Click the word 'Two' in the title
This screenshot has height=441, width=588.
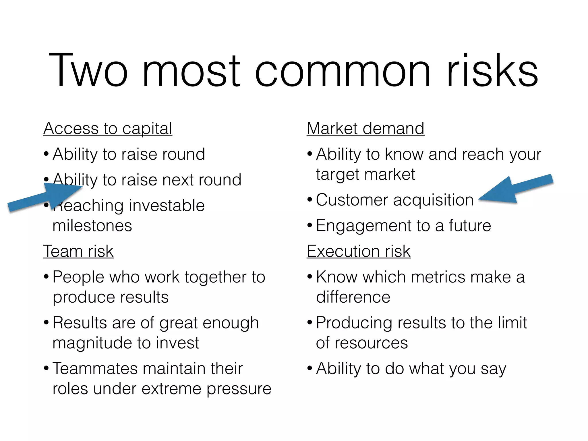pyautogui.click(x=88, y=70)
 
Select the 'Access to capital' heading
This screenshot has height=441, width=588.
pyautogui.click(x=108, y=128)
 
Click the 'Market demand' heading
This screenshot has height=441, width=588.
pyautogui.click(x=365, y=128)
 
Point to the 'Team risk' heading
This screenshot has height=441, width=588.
pyautogui.click(x=78, y=251)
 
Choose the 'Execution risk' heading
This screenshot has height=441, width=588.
pyautogui.click(x=358, y=251)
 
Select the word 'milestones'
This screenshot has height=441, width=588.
pyautogui.click(x=92, y=226)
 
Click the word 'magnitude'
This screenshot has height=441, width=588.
pyautogui.click(x=92, y=343)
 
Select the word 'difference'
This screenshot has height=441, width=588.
pyautogui.click(x=353, y=297)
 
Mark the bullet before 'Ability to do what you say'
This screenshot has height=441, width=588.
pyautogui.click(x=310, y=368)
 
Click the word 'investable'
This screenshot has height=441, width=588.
pyautogui.click(x=167, y=206)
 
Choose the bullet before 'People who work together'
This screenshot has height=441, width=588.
pyautogui.click(x=46, y=277)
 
